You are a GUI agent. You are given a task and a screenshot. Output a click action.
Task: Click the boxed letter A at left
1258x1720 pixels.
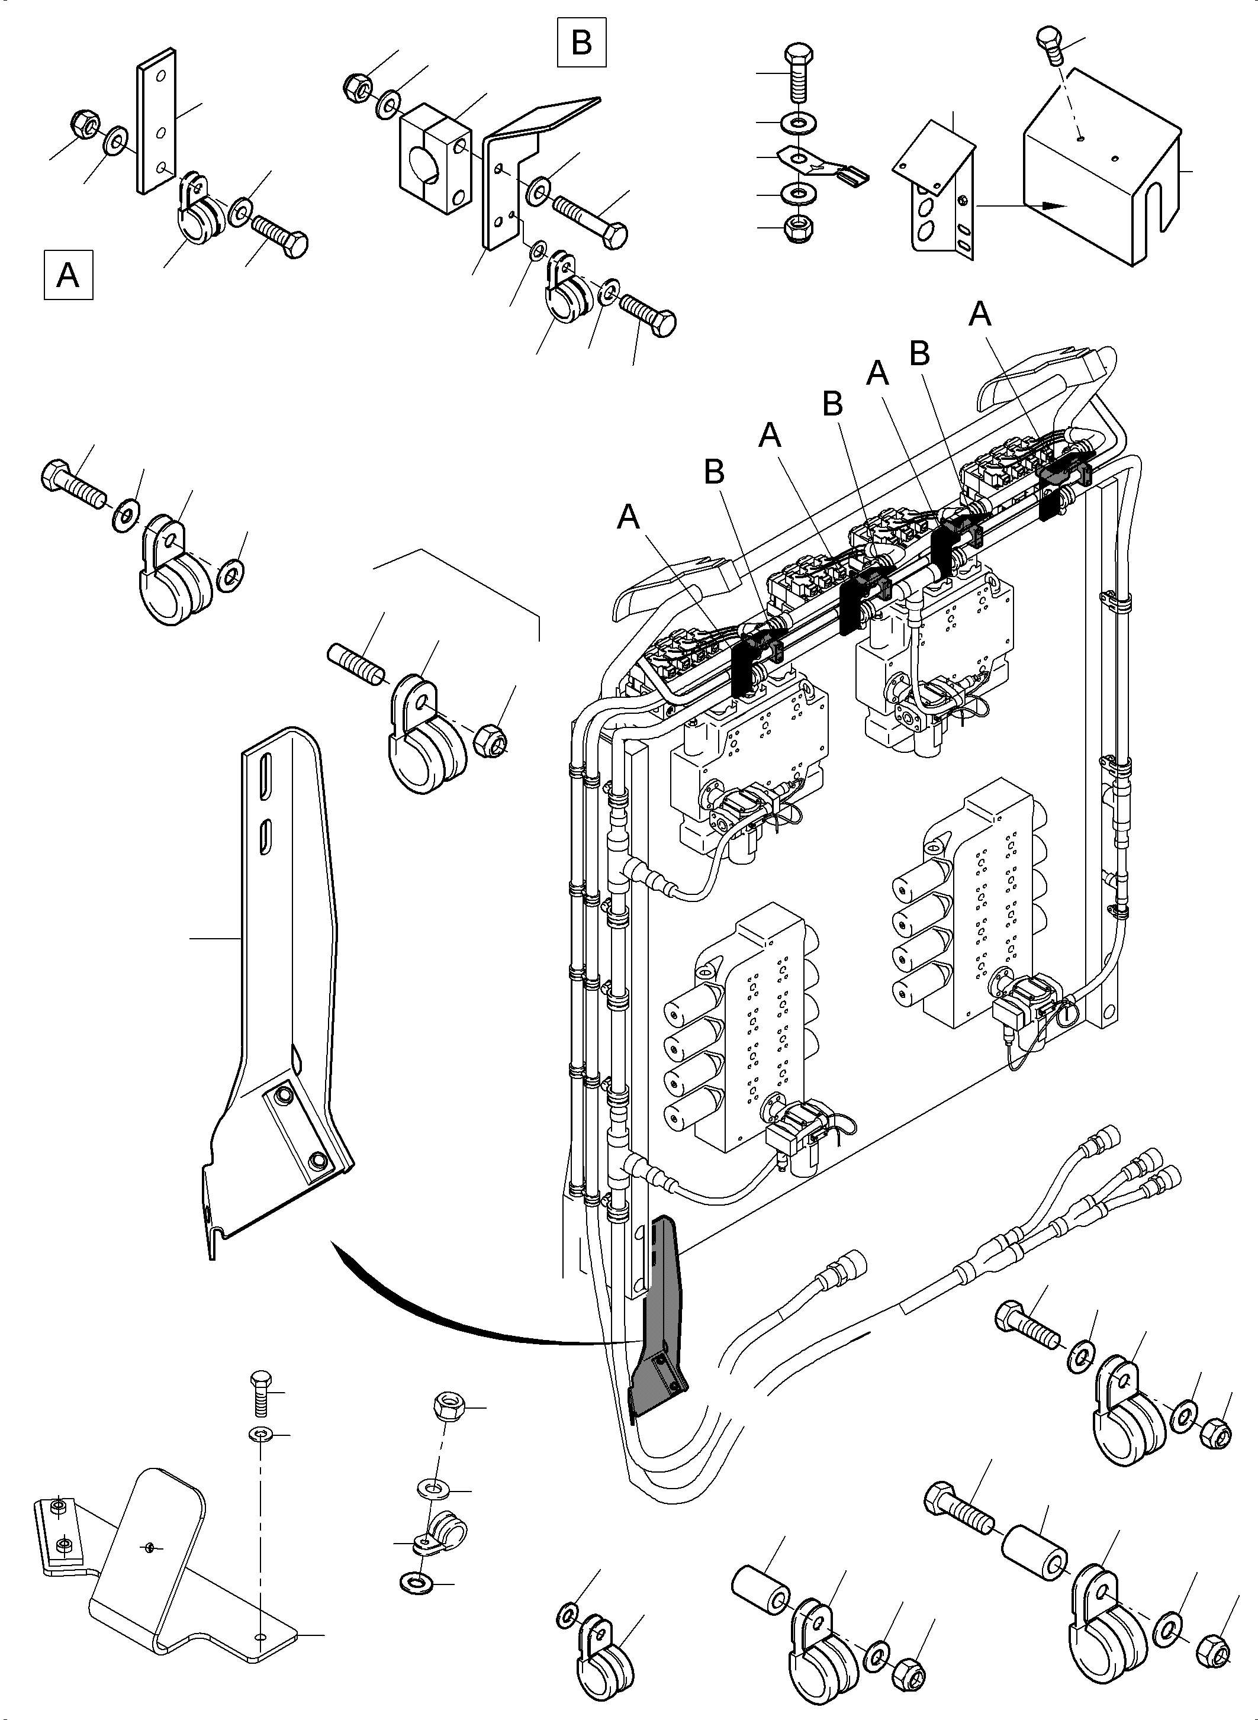coord(67,273)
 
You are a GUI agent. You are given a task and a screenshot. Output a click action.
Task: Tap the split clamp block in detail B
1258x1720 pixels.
coord(433,159)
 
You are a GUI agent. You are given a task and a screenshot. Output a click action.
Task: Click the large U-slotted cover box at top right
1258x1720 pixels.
coord(1104,175)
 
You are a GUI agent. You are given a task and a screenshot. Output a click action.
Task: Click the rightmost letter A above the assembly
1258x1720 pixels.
coord(980,314)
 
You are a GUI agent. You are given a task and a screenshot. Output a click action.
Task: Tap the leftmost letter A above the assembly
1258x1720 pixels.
coord(628,518)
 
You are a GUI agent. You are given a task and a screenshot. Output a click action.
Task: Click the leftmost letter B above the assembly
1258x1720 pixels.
coord(713,472)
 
